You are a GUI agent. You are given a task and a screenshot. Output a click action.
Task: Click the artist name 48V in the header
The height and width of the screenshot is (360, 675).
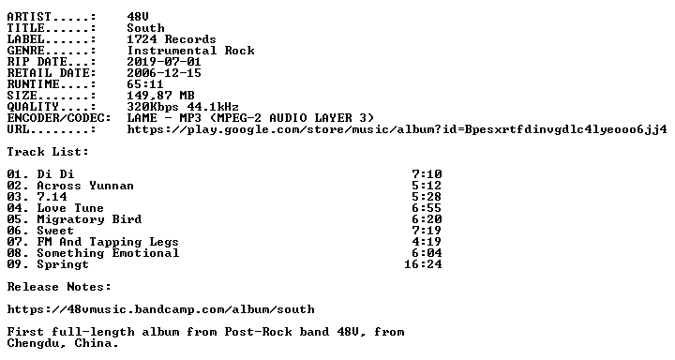tap(138, 17)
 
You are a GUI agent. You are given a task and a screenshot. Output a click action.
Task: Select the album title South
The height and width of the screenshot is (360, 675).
tap(145, 28)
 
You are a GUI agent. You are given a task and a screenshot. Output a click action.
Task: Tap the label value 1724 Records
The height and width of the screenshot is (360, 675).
tap(172, 39)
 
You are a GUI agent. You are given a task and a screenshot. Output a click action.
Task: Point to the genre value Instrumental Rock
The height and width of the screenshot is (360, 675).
tap(190, 51)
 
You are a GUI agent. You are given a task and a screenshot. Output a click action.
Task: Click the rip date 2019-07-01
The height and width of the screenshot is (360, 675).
tap(164, 62)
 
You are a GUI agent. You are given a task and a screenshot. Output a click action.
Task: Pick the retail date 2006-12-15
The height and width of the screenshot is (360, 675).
tap(164, 73)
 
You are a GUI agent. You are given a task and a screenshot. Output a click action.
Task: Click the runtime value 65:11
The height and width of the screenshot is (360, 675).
tap(145, 84)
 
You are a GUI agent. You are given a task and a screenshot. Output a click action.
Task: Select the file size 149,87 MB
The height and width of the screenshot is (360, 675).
tap(160, 96)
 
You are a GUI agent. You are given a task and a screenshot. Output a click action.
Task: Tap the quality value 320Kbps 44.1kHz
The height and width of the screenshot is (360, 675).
tap(183, 107)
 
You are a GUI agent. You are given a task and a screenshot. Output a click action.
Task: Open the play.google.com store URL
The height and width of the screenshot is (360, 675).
tap(397, 129)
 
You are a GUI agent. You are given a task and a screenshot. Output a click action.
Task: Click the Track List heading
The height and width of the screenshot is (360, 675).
tap(48, 152)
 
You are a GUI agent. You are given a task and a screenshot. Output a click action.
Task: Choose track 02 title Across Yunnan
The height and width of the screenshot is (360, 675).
tap(85, 186)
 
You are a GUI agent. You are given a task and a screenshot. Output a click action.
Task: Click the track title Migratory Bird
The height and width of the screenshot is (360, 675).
tap(89, 219)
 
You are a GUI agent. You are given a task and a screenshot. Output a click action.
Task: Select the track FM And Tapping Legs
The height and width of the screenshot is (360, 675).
tap(108, 242)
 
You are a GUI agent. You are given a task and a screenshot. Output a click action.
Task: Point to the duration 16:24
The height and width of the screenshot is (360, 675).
tap(423, 264)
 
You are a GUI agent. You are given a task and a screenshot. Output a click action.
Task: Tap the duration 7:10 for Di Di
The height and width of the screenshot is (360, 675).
tap(427, 174)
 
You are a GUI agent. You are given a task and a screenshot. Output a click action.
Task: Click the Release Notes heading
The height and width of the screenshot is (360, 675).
tap(59, 287)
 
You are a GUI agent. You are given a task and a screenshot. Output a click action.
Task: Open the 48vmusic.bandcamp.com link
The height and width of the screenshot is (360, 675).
tap(161, 309)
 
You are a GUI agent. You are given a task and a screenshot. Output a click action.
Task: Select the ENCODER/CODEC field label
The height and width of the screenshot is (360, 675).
tap(59, 118)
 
